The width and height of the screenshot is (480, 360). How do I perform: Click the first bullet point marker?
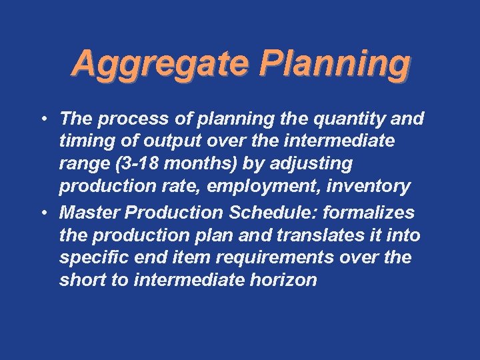41,120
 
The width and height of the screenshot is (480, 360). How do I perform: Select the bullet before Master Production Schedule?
41,213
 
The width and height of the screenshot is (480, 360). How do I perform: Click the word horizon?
284,280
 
